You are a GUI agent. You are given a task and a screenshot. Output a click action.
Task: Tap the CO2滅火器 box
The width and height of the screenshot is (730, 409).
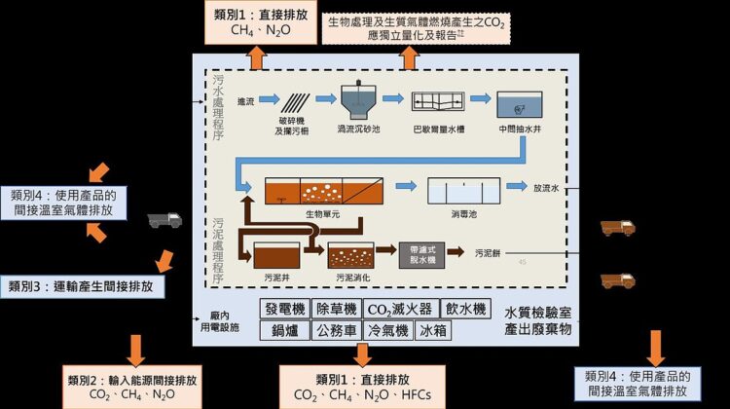(x=397, y=309)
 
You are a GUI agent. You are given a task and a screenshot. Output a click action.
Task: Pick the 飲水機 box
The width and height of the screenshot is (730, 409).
(x=461, y=309)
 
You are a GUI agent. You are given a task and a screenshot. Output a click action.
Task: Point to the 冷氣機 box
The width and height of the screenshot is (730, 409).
(x=388, y=330)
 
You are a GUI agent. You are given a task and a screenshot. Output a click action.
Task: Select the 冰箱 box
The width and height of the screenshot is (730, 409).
(x=434, y=330)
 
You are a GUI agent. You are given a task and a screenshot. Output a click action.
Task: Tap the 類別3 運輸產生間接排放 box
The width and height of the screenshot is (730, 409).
(x=82, y=286)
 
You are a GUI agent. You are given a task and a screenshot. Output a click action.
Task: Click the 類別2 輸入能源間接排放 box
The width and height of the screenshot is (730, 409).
(x=132, y=386)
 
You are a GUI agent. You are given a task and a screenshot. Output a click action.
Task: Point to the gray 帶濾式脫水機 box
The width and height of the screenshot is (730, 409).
(x=420, y=255)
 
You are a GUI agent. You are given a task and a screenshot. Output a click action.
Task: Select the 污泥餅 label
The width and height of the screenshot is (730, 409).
(x=488, y=253)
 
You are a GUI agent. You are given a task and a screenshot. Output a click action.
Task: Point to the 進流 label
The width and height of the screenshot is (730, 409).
(x=244, y=102)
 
